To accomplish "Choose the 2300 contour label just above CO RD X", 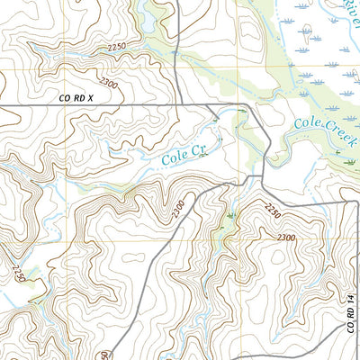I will pyautogui.click(x=110, y=84).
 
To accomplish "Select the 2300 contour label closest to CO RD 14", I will pyautogui.click(x=286, y=237).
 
